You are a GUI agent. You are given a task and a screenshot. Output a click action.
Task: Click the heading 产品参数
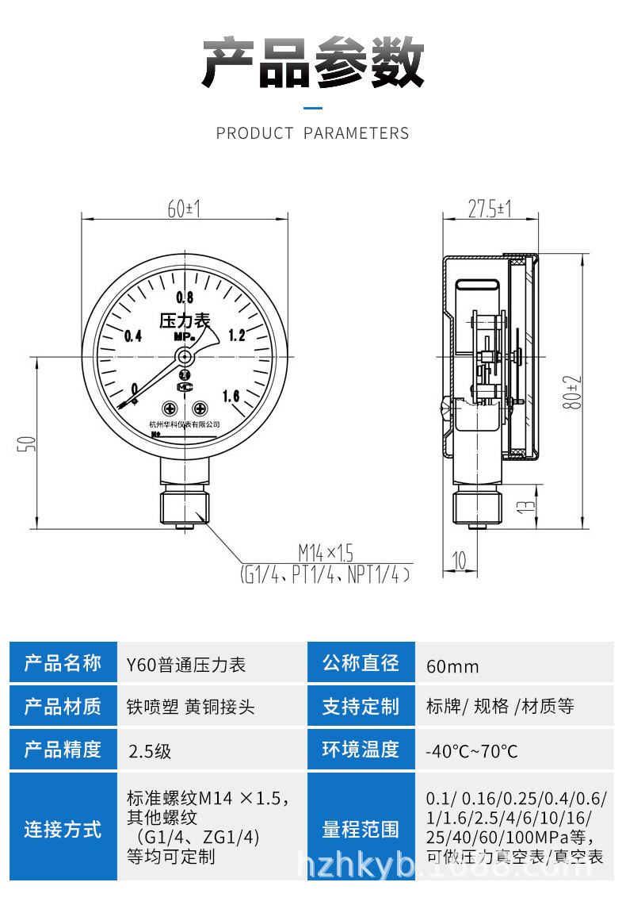(313, 63)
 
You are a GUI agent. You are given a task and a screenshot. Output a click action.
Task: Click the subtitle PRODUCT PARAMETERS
(313, 133)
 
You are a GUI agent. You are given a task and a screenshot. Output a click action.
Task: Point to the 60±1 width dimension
(184, 209)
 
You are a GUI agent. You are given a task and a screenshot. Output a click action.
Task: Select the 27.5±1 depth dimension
(489, 209)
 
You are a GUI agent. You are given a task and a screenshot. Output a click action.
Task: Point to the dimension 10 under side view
(459, 561)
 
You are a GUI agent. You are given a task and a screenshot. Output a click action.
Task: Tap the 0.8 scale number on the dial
(185, 298)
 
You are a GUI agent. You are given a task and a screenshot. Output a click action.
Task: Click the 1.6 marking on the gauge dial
(231, 396)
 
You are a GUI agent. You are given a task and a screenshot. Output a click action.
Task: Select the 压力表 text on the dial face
(185, 320)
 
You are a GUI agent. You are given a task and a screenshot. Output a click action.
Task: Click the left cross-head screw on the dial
(169, 408)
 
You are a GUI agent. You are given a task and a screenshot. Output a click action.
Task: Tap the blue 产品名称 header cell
(63, 662)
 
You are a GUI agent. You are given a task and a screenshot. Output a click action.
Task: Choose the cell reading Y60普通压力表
(186, 665)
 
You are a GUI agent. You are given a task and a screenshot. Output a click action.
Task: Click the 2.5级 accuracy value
(149, 750)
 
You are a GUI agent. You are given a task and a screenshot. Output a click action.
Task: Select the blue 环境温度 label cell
(361, 750)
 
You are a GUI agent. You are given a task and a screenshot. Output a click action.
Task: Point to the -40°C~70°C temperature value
(471, 750)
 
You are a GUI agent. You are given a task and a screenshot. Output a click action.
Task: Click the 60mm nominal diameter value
(452, 665)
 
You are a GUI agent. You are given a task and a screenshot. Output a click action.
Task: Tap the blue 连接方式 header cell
(63, 830)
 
